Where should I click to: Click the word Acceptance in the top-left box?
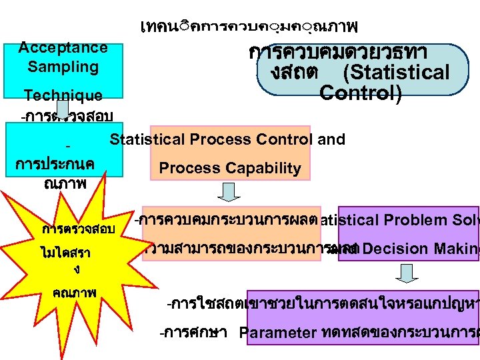(x=63, y=47)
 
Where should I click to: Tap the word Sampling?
(x=63, y=67)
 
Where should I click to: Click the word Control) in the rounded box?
(x=360, y=93)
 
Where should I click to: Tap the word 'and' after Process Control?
(x=331, y=139)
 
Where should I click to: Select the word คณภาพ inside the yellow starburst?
(x=75, y=292)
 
